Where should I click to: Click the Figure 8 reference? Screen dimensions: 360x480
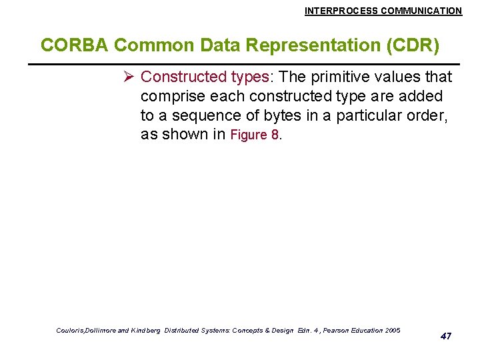tap(255, 135)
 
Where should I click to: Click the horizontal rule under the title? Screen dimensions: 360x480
tap(240, 63)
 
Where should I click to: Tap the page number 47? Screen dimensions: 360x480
tap(446, 336)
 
